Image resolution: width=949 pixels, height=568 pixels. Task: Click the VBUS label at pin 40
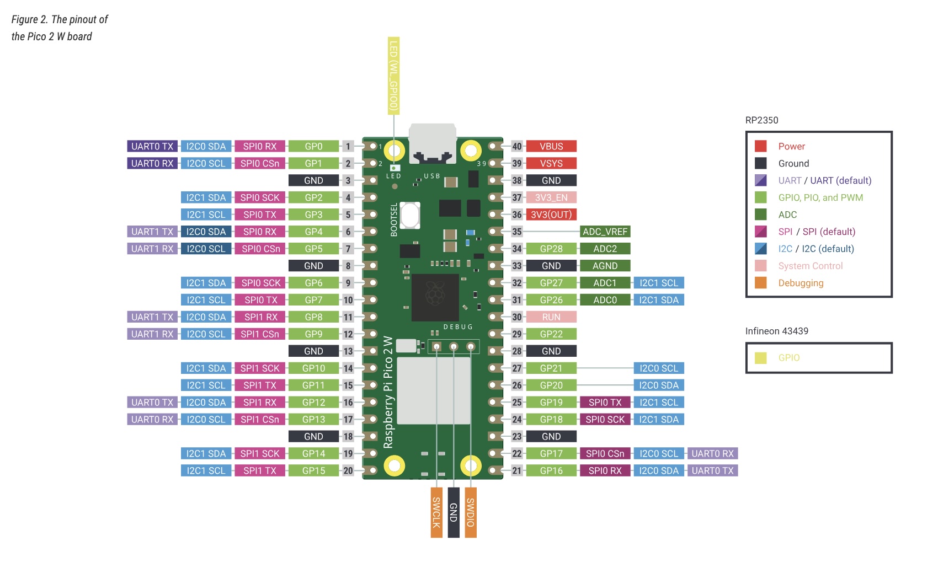551,146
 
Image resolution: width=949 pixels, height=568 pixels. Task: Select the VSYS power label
551,163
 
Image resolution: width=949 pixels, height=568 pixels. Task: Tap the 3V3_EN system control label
551,197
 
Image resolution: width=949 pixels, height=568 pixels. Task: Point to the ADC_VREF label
605,232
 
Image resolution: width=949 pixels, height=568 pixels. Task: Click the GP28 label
551,249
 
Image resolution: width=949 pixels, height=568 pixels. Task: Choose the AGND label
605,266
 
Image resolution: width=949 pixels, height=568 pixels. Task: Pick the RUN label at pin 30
551,317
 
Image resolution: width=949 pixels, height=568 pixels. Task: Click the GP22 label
551,334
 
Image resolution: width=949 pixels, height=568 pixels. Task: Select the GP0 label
313,146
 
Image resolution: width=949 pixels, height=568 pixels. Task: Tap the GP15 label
313,470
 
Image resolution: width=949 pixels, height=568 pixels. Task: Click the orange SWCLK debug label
436,512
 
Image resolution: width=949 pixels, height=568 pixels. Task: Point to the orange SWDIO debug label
471,512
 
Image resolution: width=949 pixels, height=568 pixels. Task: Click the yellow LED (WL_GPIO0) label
393,76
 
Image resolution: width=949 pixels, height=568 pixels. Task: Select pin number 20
348,470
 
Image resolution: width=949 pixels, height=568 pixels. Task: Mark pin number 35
517,232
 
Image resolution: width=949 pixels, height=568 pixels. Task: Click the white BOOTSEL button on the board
410,215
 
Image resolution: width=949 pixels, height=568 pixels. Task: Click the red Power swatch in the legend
761,146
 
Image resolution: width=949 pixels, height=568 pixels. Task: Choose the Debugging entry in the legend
801,283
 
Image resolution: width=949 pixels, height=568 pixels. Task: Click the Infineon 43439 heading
776,331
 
